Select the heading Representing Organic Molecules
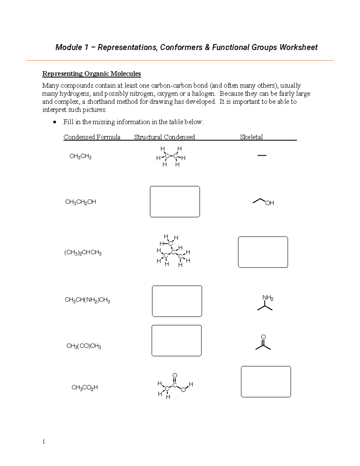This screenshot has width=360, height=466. [91, 74]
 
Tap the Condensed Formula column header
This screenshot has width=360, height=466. [92, 137]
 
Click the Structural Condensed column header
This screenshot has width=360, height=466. [164, 137]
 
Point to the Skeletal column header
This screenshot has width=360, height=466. [251, 137]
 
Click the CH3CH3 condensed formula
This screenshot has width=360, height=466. [80, 156]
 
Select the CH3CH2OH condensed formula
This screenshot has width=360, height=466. [80, 202]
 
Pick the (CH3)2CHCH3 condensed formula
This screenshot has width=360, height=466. [83, 253]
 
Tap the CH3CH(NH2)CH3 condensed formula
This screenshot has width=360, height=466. [87, 300]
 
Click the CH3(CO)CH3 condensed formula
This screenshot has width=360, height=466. [84, 346]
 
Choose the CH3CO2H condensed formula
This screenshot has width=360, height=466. [85, 388]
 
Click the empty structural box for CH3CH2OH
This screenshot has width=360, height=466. [175, 202]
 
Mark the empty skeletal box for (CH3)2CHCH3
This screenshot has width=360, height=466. [263, 252]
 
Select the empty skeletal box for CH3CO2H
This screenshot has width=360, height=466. [266, 382]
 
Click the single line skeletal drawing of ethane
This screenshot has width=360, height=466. [262, 155]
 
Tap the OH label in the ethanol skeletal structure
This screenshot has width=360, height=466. [269, 203]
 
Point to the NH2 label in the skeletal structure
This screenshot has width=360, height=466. [268, 298]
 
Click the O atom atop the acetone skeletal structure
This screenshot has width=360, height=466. [263, 337]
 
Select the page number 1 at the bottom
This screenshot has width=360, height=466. [44, 441]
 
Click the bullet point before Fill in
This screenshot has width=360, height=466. [54, 122]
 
